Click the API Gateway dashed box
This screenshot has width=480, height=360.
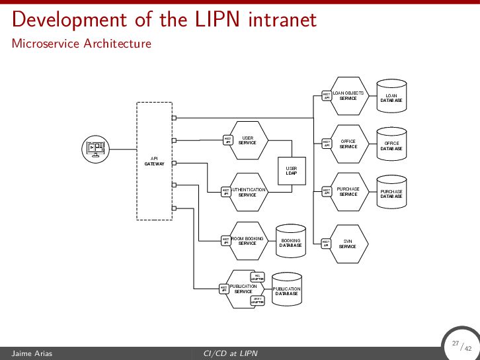tap(154, 161)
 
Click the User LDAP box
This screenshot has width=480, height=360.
tap(292, 174)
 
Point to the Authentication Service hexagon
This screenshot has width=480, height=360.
tap(248, 192)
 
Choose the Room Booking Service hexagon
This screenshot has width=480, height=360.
tap(248, 241)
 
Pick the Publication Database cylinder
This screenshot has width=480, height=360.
tap(287, 291)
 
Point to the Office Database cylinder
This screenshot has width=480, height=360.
tap(391, 145)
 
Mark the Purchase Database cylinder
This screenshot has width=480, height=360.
tap(391, 193)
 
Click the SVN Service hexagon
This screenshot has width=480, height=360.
tap(348, 244)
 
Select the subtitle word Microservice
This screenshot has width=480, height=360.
tap(43, 44)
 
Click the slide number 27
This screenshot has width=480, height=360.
tap(455, 343)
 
